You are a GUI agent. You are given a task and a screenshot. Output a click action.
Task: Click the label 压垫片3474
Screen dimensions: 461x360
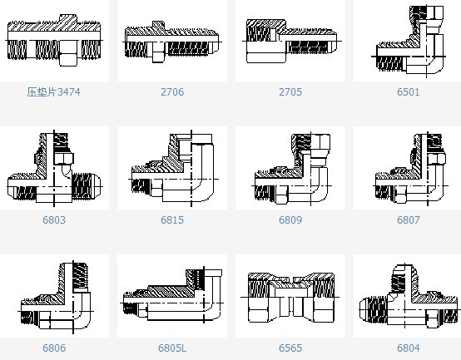click(53, 92)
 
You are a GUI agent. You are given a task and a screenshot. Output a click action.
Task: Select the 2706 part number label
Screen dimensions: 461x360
click(172, 92)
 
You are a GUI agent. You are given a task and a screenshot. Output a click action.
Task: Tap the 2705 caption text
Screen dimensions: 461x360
click(290, 92)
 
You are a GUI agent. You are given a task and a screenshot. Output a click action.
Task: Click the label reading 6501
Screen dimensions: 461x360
click(408, 92)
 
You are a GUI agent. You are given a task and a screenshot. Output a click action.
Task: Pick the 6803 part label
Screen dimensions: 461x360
click(54, 220)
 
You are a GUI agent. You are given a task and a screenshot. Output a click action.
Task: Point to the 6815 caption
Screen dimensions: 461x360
click(172, 220)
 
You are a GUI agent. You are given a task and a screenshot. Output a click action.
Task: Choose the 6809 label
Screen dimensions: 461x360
click(290, 220)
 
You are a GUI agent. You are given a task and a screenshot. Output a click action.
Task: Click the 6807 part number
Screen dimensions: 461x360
click(408, 220)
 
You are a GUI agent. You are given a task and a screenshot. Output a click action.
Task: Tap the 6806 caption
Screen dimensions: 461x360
click(54, 348)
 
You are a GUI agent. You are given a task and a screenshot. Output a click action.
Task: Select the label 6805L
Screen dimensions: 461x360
click(172, 348)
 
